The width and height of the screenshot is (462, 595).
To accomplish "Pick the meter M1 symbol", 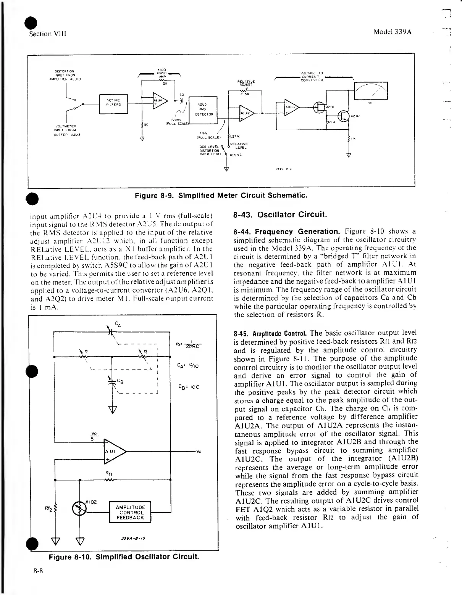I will pyautogui.click(x=371, y=91).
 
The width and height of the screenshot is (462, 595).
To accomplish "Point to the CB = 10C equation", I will pyautogui.click(x=189, y=386).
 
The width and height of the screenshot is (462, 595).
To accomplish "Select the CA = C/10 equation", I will pyautogui.click(x=189, y=365).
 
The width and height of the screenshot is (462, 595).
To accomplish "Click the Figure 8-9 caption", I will pyautogui.click(x=220, y=196).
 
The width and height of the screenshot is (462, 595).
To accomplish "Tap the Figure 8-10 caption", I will pyautogui.click(x=124, y=556).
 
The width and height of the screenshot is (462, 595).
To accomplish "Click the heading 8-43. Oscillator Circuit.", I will pyautogui.click(x=280, y=214).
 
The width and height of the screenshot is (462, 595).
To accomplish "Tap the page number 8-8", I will pyautogui.click(x=38, y=571).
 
